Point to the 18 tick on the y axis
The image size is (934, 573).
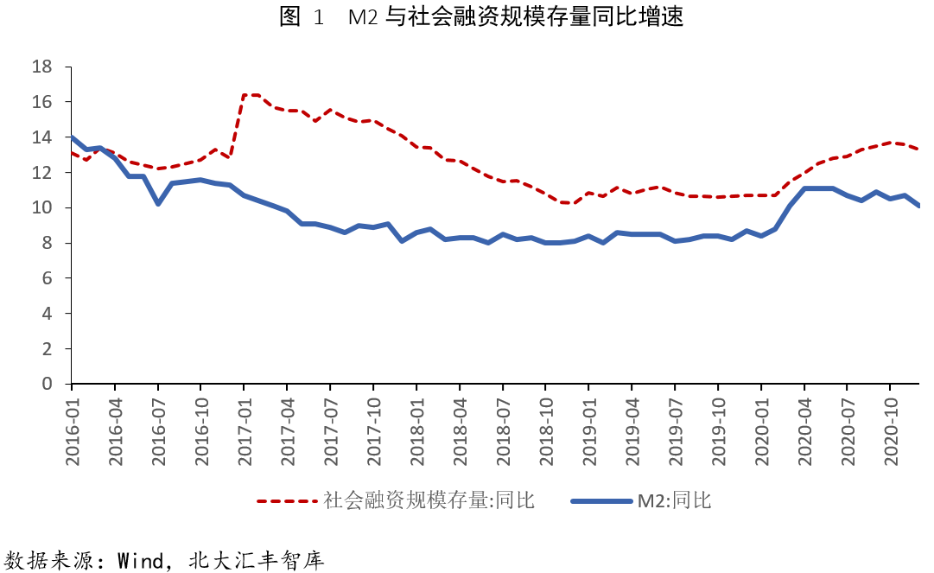[41, 67]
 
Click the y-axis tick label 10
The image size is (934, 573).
[41, 208]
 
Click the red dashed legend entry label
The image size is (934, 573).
[429, 500]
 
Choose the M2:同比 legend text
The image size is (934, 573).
[674, 500]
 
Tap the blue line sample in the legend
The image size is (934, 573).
[601, 500]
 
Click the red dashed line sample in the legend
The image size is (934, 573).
[287, 500]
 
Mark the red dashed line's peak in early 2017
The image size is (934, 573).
[251, 95]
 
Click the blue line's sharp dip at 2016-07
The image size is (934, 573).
[158, 203]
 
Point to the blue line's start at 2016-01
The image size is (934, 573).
[72, 137]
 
